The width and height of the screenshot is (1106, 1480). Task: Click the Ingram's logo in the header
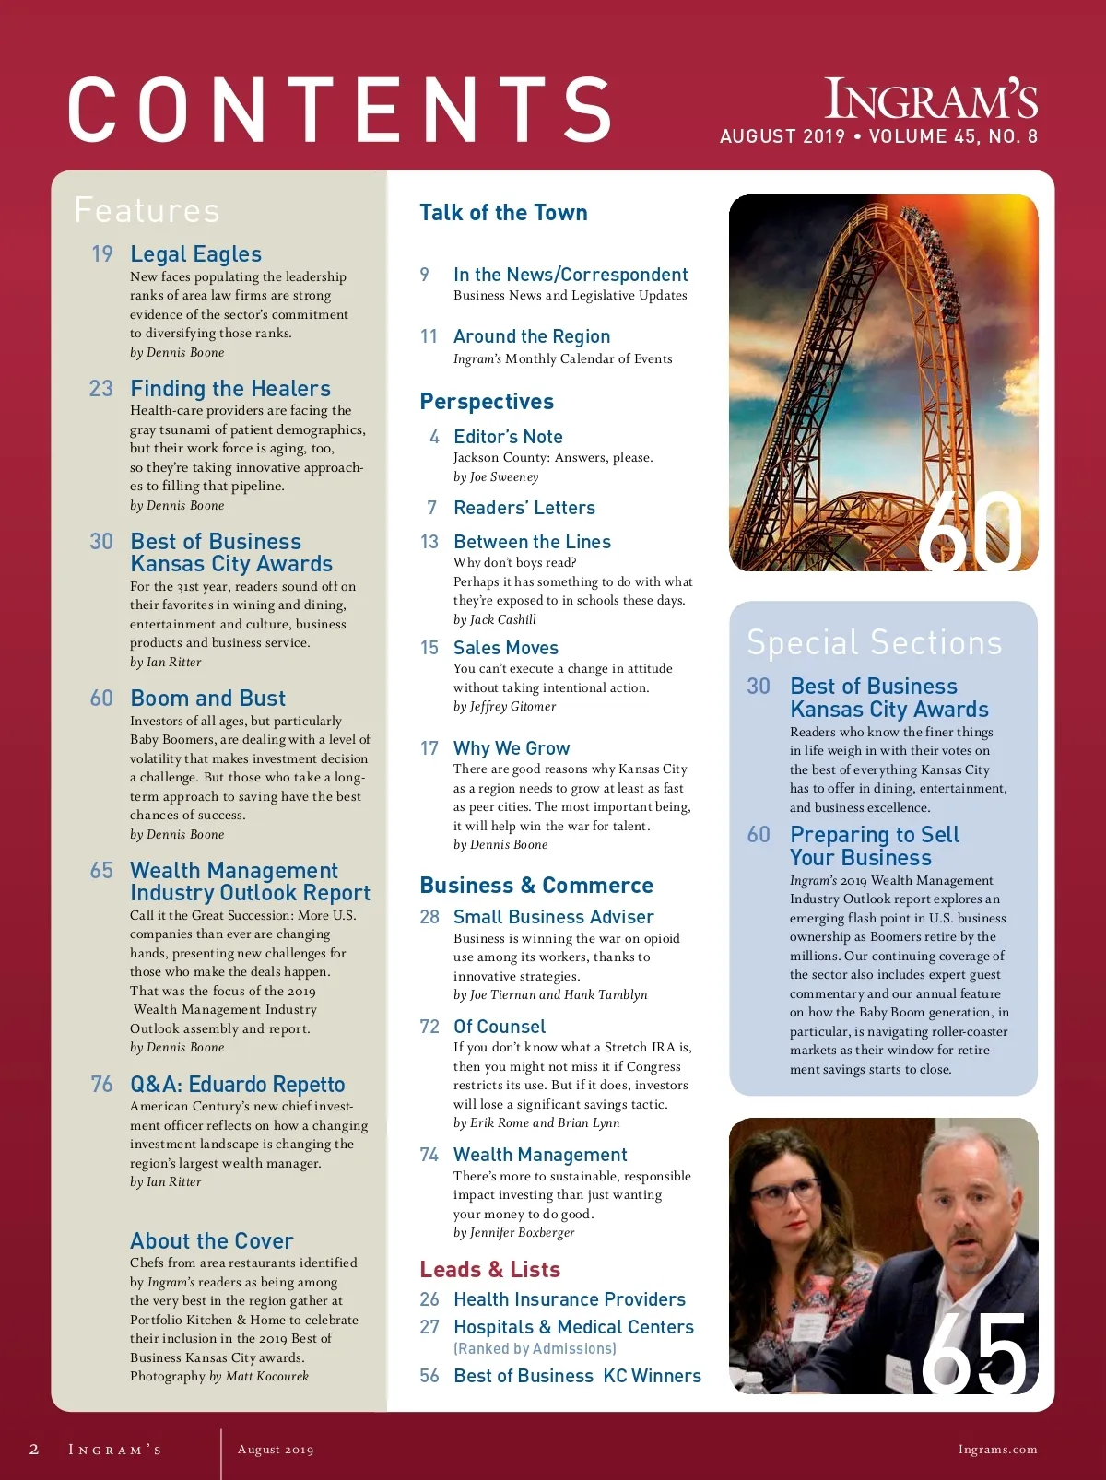[930, 100]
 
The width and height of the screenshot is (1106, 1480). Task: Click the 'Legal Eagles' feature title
[195, 254]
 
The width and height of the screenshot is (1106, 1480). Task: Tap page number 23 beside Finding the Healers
[100, 389]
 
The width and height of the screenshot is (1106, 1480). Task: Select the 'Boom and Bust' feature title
[207, 699]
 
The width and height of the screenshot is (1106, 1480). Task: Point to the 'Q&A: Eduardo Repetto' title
[237, 1085]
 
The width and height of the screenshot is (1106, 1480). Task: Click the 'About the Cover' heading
[211, 1241]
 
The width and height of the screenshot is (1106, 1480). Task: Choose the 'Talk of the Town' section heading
[503, 213]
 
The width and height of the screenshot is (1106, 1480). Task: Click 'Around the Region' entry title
[531, 336]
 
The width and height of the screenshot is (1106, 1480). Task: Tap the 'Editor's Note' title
[508, 437]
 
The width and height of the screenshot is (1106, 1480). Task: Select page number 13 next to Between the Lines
[429, 542]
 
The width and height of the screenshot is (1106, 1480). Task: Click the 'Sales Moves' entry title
[505, 648]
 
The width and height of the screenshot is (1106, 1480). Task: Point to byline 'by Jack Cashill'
[494, 619]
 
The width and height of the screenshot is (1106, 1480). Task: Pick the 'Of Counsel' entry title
[499, 1027]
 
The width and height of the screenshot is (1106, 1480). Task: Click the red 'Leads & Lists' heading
[489, 1270]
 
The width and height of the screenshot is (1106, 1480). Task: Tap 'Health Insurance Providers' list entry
[569, 1299]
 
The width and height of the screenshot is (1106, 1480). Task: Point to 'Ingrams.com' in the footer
[997, 1450]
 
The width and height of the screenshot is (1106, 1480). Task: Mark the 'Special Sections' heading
[874, 642]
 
